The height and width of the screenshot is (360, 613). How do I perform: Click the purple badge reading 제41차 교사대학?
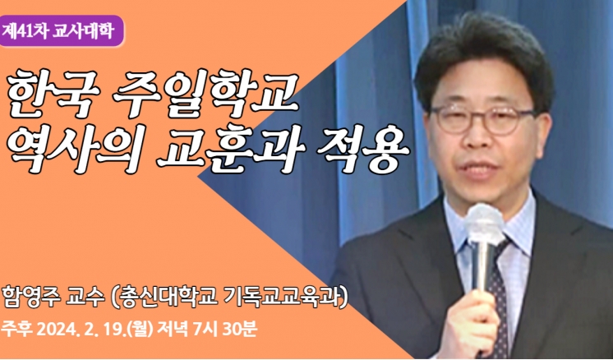pyautogui.click(x=62, y=31)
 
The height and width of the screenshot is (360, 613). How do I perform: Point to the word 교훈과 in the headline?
pyautogui.click(x=230, y=148)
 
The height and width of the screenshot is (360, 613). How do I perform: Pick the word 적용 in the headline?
pyautogui.click(x=363, y=148)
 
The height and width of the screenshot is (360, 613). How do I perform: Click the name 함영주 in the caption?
pyautogui.click(x=30, y=298)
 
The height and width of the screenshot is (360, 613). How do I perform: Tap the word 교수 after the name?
pyautogui.click(x=85, y=298)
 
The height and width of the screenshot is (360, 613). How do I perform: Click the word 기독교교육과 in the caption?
pyautogui.click(x=283, y=298)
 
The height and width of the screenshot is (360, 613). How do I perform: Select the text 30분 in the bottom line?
pyautogui.click(x=240, y=330)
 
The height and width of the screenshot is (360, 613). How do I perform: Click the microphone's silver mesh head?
pyautogui.click(x=485, y=223)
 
